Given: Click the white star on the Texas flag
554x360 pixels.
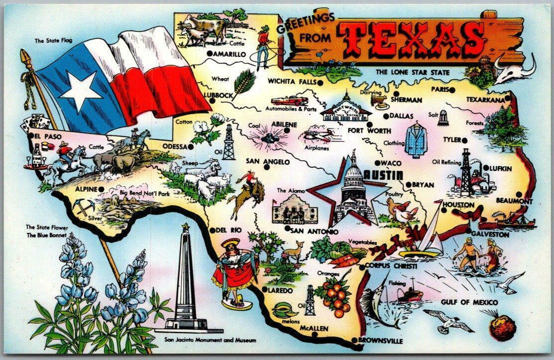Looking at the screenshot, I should click(x=80, y=89).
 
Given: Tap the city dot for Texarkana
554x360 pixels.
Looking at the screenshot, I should click(x=508, y=100).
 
